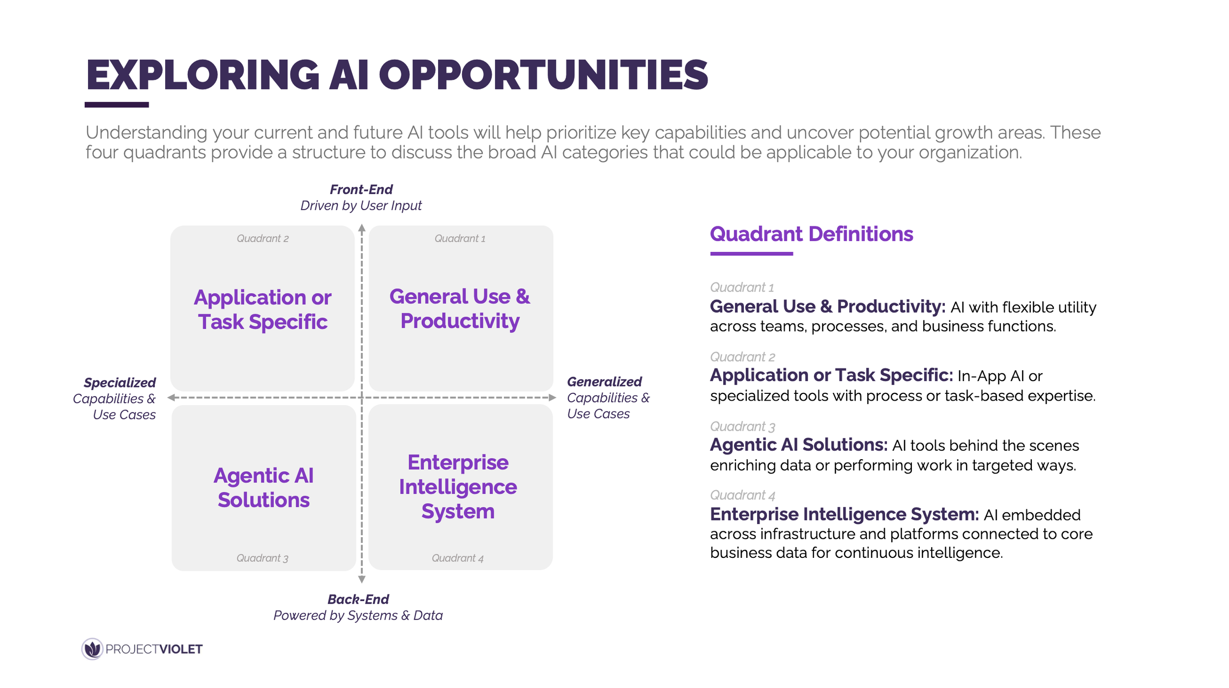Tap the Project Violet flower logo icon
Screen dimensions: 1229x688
[x=92, y=649]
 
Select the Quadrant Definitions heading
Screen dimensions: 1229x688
[x=811, y=234]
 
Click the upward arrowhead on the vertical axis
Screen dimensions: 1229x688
[x=362, y=228]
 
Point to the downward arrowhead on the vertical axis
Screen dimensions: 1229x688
[x=362, y=579]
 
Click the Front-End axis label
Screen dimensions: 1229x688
[x=361, y=190]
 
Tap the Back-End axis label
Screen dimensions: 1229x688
[x=358, y=599]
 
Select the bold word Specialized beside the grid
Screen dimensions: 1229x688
[x=119, y=383]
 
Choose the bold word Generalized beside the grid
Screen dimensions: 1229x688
[x=604, y=382]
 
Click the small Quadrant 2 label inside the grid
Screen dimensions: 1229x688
[x=263, y=239]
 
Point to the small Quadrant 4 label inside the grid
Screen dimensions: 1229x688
[x=457, y=558]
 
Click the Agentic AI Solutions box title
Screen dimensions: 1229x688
[x=263, y=488]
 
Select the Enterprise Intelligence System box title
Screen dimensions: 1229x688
[x=458, y=487]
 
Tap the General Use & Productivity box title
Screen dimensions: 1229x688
[x=460, y=308]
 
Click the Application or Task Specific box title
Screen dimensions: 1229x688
[x=263, y=309]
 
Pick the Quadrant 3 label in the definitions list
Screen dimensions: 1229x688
[x=742, y=426]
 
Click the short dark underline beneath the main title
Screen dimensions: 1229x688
[x=117, y=105]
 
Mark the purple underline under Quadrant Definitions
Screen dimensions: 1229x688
[x=751, y=253]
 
